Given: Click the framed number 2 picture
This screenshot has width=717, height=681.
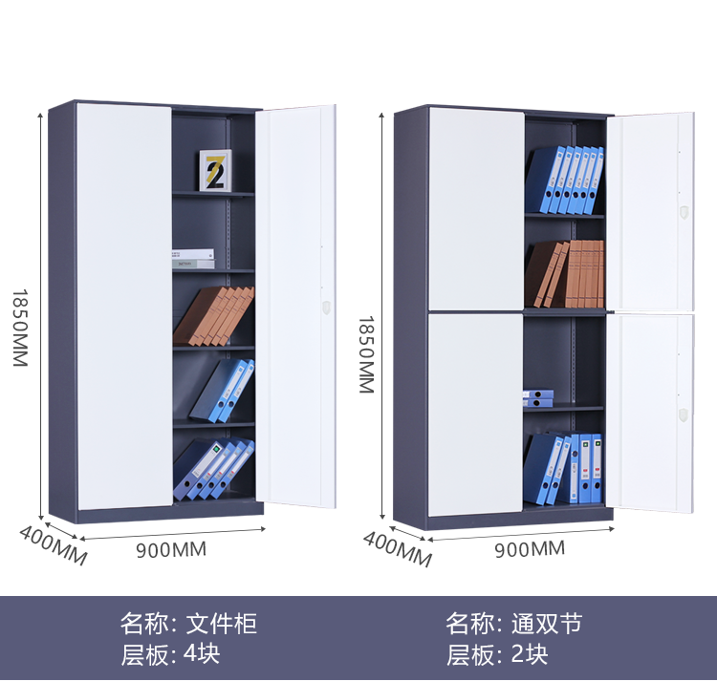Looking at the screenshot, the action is (215, 170).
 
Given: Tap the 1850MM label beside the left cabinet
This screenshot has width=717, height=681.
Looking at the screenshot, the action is (20, 328).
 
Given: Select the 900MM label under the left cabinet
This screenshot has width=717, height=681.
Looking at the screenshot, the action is (171, 549).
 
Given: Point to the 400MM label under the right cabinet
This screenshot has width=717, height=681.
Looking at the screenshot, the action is (398, 549).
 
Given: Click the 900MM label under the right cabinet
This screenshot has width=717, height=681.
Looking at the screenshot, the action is (530, 549).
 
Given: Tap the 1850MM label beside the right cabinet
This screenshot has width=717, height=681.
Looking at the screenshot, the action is (366, 354).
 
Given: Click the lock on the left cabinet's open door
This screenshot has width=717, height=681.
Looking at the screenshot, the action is (326, 307).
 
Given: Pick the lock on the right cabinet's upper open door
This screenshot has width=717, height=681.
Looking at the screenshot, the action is (684, 212).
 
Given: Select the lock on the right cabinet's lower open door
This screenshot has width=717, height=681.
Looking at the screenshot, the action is (684, 415).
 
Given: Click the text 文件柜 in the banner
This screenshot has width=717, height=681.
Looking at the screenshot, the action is (222, 624).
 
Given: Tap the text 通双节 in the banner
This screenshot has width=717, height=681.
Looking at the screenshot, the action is (547, 624).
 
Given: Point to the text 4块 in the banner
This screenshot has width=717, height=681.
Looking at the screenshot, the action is (202, 654).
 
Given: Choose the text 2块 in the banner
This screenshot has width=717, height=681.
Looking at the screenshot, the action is (529, 654).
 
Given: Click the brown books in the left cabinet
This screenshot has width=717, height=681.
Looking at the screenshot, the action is (213, 316).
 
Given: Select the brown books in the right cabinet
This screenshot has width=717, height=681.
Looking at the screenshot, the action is (564, 274).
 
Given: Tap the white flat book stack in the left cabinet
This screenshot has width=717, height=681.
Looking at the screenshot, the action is (193, 259).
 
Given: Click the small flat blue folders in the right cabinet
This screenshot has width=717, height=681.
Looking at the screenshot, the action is (538, 398).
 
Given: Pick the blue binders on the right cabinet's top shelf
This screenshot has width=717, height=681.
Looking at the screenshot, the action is (565, 181).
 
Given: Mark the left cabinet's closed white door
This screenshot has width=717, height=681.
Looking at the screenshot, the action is (124, 306).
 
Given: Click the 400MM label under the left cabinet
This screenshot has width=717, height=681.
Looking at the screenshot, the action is (53, 545).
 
